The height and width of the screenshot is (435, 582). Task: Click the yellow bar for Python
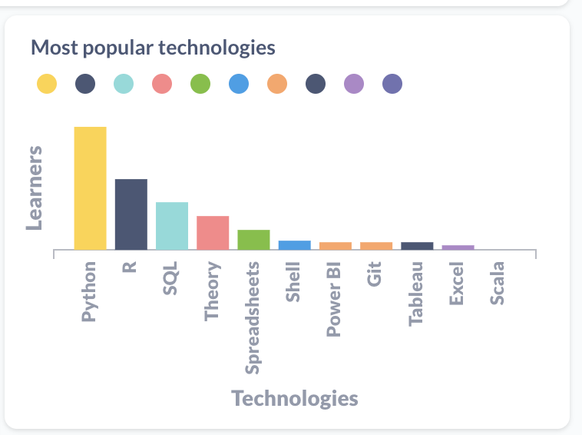(90, 188)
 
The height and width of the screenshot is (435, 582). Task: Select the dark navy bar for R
(131, 214)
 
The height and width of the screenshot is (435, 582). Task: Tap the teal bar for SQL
(172, 226)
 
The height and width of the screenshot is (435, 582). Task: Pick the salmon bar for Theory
(213, 233)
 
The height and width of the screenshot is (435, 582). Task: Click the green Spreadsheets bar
(253, 240)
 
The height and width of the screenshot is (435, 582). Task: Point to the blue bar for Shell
(295, 245)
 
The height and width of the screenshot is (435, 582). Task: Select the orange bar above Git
(376, 246)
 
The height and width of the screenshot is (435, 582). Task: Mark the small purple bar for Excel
(458, 247)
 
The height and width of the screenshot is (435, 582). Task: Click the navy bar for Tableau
(417, 246)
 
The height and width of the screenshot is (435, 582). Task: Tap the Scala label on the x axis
(498, 284)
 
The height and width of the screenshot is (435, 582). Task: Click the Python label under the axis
(89, 291)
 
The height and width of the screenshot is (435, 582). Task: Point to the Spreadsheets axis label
(253, 317)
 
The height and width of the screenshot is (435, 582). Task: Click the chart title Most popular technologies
(153, 48)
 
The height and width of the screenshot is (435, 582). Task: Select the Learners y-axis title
(34, 188)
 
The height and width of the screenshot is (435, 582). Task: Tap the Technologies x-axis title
(295, 398)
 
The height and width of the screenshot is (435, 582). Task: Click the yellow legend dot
(47, 84)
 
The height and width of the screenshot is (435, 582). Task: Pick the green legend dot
(200, 84)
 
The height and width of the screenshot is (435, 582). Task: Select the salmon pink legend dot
(162, 84)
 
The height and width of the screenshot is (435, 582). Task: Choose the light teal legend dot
(124, 84)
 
